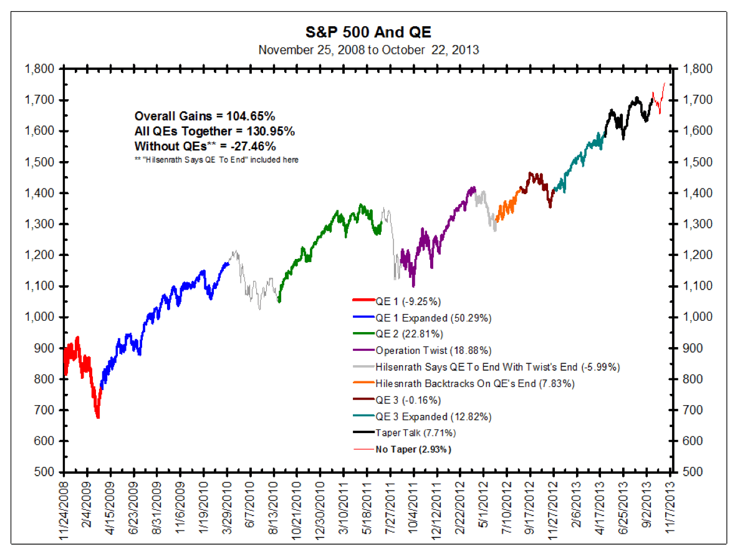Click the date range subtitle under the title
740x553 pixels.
point(368,49)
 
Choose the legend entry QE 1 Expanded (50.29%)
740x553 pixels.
point(433,318)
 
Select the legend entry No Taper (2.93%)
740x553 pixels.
point(413,449)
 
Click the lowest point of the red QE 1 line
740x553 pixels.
point(98,418)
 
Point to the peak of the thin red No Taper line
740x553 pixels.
point(665,83)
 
